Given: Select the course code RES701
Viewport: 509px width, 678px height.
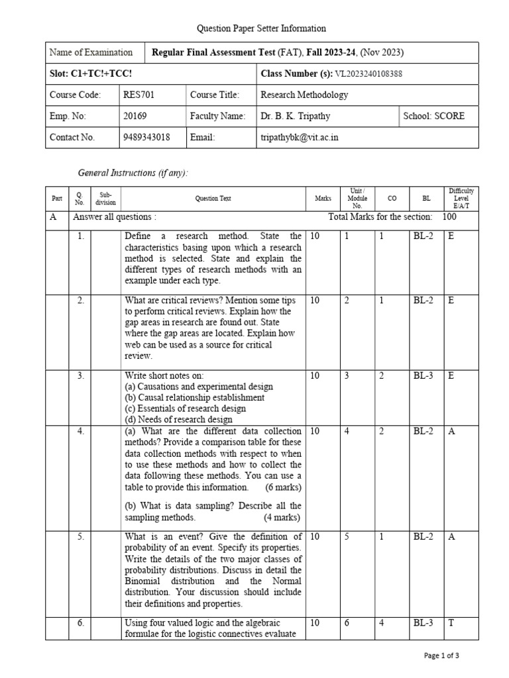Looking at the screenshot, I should point(139,95).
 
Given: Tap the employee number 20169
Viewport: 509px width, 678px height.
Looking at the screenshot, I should point(135,116).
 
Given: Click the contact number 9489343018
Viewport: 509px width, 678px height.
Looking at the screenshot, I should point(146,137).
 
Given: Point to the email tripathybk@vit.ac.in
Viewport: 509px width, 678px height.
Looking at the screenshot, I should point(302,137).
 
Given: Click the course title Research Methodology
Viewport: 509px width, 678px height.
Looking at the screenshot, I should point(304,95).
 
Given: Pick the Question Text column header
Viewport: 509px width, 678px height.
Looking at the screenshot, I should point(213,198).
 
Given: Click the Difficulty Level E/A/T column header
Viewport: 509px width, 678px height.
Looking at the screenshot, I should point(460,198).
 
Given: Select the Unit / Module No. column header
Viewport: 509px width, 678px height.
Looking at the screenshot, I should point(357,198).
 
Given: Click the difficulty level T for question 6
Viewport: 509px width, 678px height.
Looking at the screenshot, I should point(451,623).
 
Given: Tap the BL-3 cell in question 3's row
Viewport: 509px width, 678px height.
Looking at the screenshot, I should point(424,375).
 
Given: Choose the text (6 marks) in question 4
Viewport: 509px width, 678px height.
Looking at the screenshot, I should point(283,487).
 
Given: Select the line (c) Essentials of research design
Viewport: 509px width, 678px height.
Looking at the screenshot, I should point(185,409).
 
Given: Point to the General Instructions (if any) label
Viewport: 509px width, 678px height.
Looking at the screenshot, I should point(133,173).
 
